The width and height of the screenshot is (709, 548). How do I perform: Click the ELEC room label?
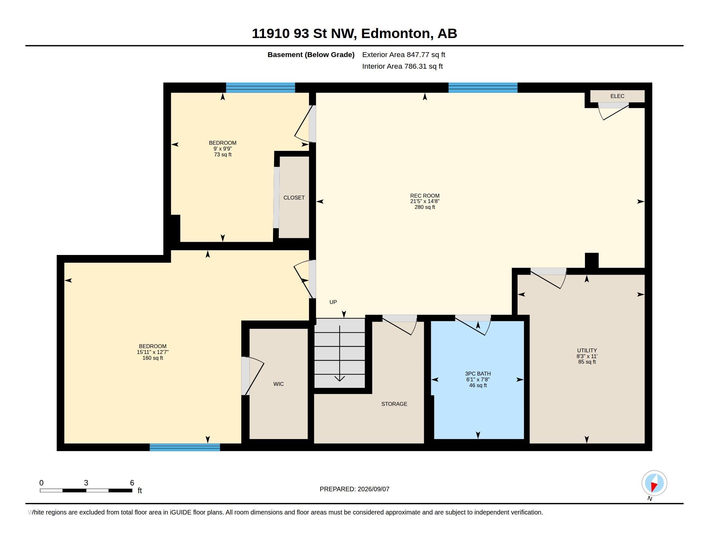(617, 96)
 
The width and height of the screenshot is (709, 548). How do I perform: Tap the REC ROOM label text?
(425, 196)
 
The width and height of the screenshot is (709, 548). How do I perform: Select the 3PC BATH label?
(478, 374)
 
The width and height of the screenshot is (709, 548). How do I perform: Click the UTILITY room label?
(587, 350)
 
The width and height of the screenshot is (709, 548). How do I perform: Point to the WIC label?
(278, 384)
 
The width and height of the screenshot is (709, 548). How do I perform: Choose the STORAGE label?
(394, 404)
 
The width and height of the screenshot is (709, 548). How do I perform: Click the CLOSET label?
(294, 198)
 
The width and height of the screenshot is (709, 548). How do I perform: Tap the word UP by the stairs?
(333, 302)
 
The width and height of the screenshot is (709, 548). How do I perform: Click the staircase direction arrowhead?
(340, 378)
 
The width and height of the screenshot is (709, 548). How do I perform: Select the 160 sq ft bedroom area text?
(152, 358)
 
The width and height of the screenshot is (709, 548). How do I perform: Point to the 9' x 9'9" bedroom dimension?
(223, 149)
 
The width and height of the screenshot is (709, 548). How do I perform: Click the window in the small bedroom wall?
(260, 88)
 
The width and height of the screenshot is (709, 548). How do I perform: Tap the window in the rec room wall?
(483, 88)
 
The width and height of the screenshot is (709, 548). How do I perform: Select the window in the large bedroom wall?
(185, 447)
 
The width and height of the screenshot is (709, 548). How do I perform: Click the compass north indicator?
(654, 484)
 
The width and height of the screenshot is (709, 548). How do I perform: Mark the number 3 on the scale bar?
(86, 483)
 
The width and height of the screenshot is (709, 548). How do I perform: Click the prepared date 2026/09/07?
(373, 489)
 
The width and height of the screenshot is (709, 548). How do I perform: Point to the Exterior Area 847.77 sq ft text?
(403, 54)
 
